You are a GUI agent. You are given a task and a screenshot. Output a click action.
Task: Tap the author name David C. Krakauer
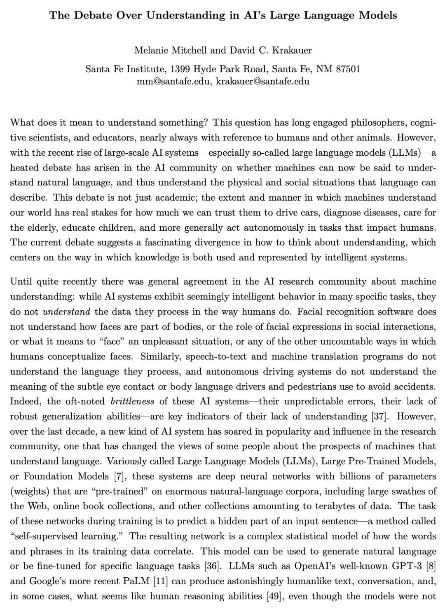(x=271, y=50)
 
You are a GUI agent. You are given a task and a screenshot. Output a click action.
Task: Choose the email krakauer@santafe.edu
(x=262, y=81)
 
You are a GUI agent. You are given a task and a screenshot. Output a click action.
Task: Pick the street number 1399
(x=180, y=68)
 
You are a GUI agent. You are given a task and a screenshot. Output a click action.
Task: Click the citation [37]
(x=379, y=416)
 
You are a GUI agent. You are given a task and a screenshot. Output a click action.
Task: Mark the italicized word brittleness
(x=132, y=401)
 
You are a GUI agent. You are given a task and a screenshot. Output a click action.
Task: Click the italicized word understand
(x=66, y=312)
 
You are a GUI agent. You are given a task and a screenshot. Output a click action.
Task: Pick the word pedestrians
(x=312, y=386)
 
